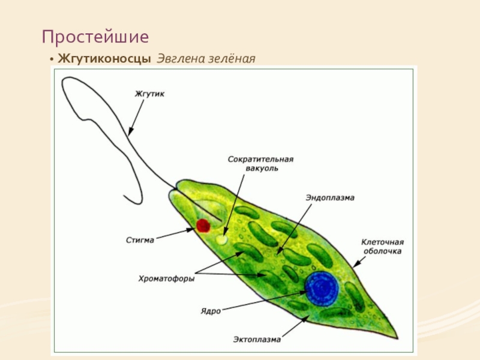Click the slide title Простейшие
pos(95,37)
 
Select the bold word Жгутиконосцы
pos(104,58)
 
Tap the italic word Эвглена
pos(181,58)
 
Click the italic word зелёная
pos(232,58)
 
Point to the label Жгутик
pos(149,94)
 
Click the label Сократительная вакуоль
pos(261,164)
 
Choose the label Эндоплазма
pos(330,198)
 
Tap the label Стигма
pos(140,240)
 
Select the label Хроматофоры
pos(167,278)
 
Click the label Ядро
pos(211,311)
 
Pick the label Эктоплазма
pos(257,339)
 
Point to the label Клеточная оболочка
pos(382,247)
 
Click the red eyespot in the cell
pos(203,226)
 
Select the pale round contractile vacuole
pos(221,239)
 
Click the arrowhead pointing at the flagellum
pos(131,131)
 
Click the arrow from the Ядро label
pos(264,302)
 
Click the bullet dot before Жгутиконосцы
pos(52,59)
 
